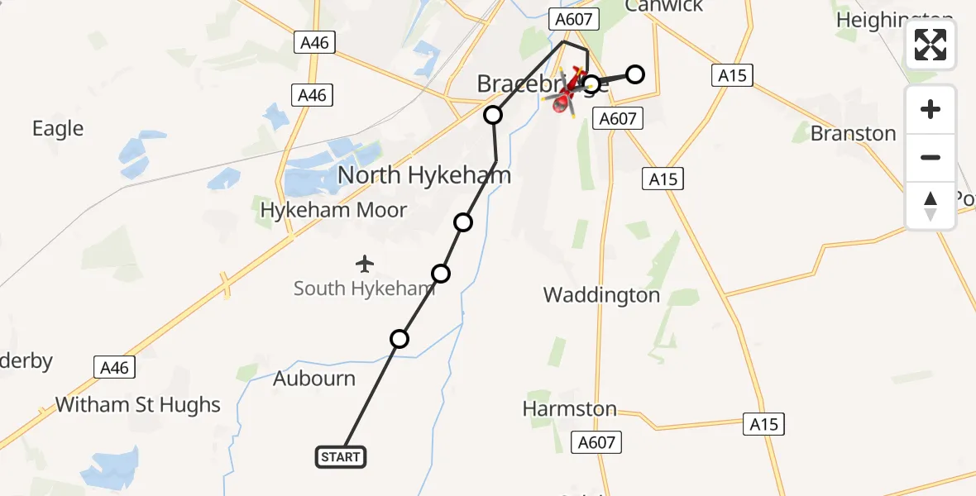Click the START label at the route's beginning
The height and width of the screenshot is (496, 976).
click(340, 457)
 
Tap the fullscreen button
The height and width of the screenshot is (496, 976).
click(931, 45)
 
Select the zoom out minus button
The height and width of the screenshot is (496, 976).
click(931, 157)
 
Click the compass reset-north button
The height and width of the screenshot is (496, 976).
click(931, 206)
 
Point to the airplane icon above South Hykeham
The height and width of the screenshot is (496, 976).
click(365, 265)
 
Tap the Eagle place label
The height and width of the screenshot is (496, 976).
click(58, 128)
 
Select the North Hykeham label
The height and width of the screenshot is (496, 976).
click(424, 175)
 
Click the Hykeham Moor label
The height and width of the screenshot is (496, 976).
click(333, 210)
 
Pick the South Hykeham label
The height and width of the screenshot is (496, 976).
click(364, 289)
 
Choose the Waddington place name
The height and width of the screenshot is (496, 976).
click(601, 295)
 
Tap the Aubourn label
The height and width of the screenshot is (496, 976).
click(314, 379)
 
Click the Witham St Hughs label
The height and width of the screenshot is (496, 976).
click(138, 405)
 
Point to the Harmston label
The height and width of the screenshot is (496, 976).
click(570, 408)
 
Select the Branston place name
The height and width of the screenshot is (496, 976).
click(854, 133)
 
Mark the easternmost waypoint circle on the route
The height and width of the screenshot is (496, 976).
click(634, 74)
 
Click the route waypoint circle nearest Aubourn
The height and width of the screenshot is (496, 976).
click(399, 339)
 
